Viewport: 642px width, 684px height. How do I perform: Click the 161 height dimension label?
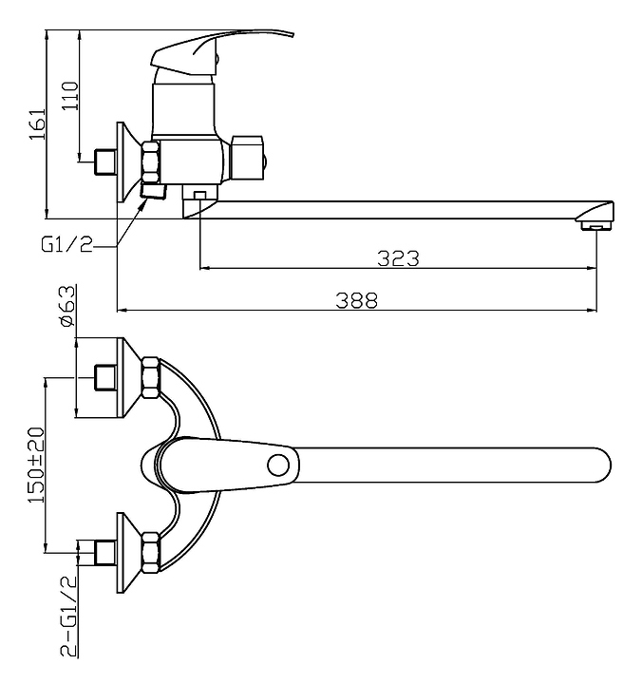tap(37, 123)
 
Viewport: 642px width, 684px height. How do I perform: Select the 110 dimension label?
tap(70, 96)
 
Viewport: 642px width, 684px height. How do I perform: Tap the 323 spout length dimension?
tap(398, 258)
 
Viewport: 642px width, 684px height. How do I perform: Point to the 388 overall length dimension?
tap(356, 300)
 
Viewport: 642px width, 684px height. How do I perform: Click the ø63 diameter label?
tap(67, 306)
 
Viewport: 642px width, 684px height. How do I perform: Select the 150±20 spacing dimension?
tap(37, 465)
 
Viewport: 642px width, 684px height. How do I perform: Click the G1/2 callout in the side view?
tap(67, 245)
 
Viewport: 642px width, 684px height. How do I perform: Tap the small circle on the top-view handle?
tap(278, 465)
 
